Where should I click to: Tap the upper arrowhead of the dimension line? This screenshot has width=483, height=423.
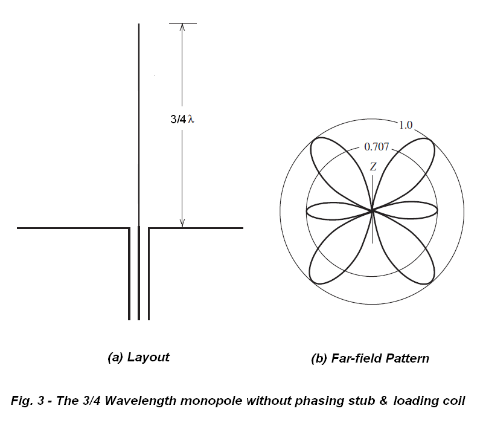pyautogui.click(x=182, y=27)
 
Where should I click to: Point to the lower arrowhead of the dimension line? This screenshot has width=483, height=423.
pyautogui.click(x=182, y=223)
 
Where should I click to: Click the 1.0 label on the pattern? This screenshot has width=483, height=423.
pyautogui.click(x=405, y=124)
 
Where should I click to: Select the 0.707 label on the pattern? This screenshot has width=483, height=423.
pyautogui.click(x=377, y=146)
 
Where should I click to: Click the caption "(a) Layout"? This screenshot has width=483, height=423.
pyautogui.click(x=138, y=357)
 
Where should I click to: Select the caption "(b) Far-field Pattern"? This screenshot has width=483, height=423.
pyautogui.click(x=370, y=358)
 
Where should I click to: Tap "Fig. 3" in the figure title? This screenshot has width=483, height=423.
pyautogui.click(x=30, y=401)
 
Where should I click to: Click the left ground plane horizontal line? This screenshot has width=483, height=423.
pyautogui.click(x=72, y=228)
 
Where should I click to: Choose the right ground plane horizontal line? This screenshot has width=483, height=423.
pyautogui.click(x=196, y=228)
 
